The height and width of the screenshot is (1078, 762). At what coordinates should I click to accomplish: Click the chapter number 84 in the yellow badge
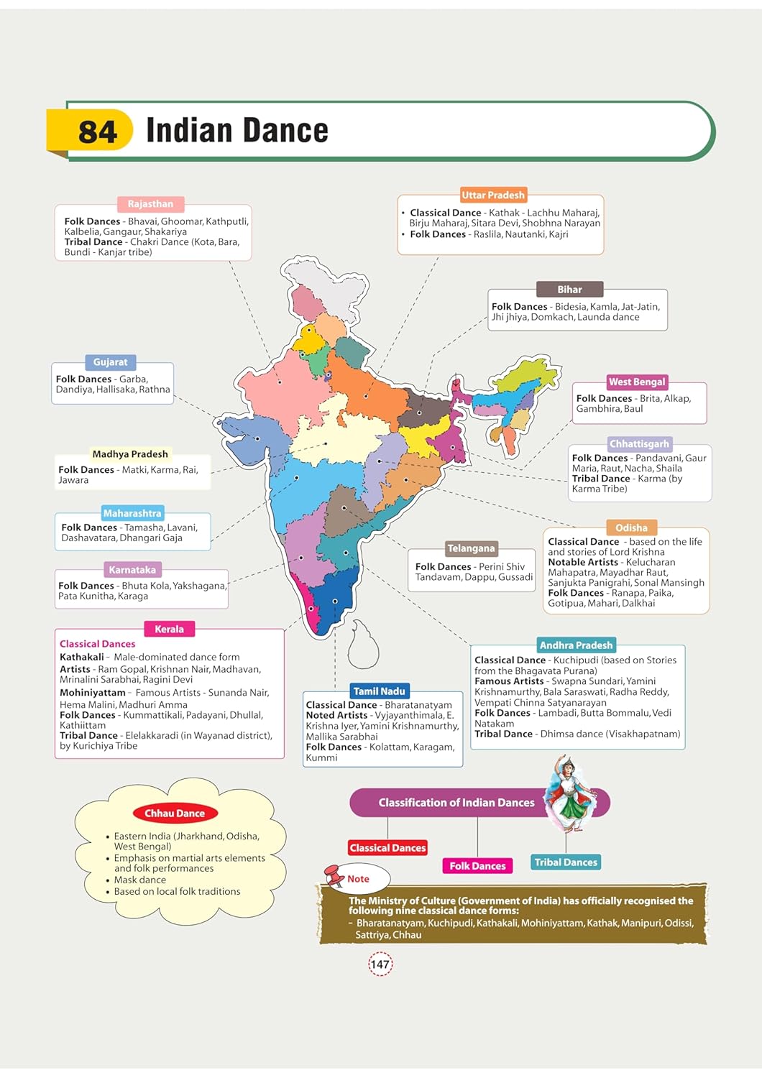(x=97, y=132)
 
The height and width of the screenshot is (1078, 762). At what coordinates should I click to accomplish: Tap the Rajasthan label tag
(x=150, y=204)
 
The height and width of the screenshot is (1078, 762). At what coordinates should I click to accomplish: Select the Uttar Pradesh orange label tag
(x=493, y=195)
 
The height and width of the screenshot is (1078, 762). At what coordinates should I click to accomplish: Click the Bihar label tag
(x=569, y=290)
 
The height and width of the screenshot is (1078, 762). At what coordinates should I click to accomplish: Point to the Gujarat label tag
(x=110, y=362)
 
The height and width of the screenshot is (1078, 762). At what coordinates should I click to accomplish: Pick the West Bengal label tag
(x=637, y=382)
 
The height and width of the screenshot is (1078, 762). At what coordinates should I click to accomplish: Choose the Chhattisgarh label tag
(x=639, y=443)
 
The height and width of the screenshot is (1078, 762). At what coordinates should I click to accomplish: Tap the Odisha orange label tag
(x=631, y=528)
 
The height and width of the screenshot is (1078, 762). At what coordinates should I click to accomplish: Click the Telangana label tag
(x=471, y=548)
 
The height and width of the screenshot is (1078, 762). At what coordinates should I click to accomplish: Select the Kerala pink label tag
(x=169, y=629)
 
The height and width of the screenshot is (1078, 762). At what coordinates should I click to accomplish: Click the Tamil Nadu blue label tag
(x=379, y=691)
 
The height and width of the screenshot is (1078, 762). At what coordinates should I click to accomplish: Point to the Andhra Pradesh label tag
(x=576, y=645)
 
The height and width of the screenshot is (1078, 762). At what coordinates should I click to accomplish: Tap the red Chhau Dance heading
(x=175, y=814)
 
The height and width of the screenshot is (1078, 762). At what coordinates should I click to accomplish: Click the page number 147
(x=380, y=964)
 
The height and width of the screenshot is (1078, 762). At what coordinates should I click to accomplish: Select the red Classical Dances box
(x=387, y=848)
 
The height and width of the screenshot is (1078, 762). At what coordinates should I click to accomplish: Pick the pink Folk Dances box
(x=477, y=866)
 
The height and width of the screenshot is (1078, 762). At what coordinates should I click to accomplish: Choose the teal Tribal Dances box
(x=566, y=862)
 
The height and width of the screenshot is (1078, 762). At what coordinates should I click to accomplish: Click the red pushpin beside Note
(x=334, y=875)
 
